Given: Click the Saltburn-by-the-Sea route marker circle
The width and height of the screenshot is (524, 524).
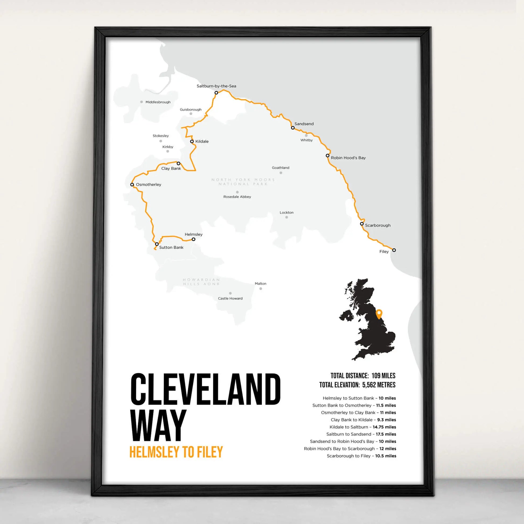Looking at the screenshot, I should [x=216, y=93].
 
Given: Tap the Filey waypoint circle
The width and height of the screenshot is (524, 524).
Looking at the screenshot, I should [x=394, y=250].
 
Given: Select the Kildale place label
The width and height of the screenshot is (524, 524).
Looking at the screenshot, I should [x=202, y=141].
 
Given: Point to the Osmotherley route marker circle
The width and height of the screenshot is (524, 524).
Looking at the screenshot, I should [x=132, y=184].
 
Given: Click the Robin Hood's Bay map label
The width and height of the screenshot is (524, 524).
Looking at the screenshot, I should [x=348, y=158].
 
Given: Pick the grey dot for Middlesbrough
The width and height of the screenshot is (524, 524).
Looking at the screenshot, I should [x=142, y=102].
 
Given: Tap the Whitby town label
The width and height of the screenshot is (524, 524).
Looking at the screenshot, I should [x=306, y=140].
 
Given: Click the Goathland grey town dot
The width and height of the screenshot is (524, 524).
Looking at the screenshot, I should [x=281, y=173].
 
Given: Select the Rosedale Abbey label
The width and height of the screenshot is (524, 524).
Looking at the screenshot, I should [x=237, y=197].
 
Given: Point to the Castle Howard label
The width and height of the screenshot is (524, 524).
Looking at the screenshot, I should [x=230, y=298].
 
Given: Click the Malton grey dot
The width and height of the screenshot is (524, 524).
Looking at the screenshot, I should [x=261, y=289].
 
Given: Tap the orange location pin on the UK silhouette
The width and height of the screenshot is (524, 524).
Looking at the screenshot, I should [x=379, y=314].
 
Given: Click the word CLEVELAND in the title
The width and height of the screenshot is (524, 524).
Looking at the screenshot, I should [x=205, y=389].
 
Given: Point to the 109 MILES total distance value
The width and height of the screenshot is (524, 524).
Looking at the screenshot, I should [x=383, y=376].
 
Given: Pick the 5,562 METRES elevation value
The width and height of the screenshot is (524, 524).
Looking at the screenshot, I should [x=379, y=385].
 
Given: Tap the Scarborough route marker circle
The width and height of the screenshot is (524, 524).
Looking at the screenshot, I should [x=362, y=224].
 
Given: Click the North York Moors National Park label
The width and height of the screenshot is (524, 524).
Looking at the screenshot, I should [x=243, y=182].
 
